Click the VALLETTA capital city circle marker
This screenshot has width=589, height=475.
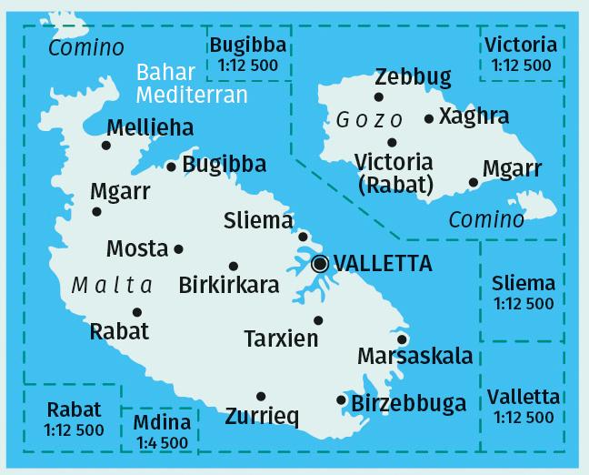(x=320, y=264)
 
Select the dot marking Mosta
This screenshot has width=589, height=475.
(x=178, y=248)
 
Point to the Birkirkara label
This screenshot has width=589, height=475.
(x=229, y=285)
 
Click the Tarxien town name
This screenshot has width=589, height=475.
(x=282, y=339)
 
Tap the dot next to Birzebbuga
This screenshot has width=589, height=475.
(x=341, y=399)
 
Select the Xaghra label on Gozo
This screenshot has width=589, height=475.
(x=474, y=116)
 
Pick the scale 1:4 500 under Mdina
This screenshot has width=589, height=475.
(x=162, y=443)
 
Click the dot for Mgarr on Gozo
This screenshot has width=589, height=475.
(x=473, y=182)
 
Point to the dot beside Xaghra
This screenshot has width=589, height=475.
(x=429, y=118)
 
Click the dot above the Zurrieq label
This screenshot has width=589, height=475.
(x=261, y=396)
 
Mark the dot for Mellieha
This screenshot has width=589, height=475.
(x=106, y=145)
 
